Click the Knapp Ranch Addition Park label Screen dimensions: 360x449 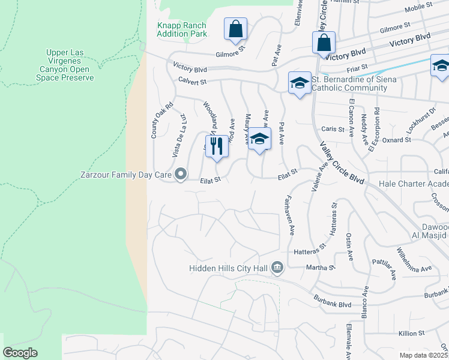click(181, 29)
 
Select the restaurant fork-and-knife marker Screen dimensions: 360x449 click(217, 146)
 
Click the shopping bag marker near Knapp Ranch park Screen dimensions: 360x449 click(235, 28)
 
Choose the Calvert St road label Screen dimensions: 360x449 click(191, 81)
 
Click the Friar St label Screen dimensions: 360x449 click(366, 69)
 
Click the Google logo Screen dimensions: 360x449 click(20, 353)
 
